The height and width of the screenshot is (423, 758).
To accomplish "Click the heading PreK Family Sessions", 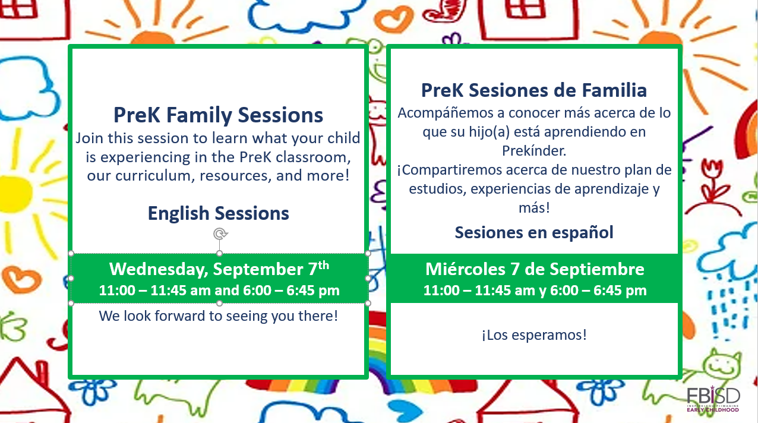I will [x=219, y=115].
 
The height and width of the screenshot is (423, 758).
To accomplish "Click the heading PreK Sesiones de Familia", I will [x=534, y=90].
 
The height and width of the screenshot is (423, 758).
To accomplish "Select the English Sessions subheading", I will [x=219, y=213].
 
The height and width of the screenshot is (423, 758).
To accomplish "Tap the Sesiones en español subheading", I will [x=534, y=232].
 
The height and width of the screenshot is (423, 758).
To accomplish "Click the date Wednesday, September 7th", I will [x=219, y=269].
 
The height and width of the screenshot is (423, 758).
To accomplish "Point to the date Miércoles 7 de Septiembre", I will [x=534, y=269].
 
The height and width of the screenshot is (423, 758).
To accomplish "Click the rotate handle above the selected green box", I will [x=220, y=234].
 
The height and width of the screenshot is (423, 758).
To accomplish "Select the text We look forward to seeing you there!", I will [x=219, y=316].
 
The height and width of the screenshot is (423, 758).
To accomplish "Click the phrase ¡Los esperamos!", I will [x=534, y=335].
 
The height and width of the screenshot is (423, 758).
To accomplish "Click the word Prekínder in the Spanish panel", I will [x=534, y=150].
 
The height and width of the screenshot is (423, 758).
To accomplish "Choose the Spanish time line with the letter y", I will [x=534, y=291].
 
